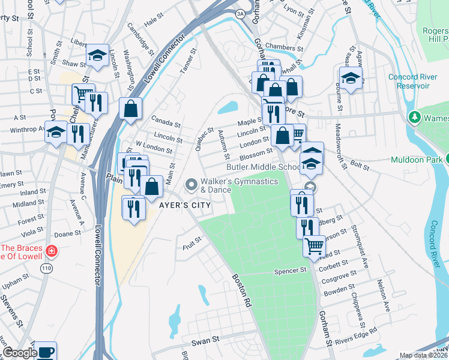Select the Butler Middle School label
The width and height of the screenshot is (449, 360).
click(x=264, y=167)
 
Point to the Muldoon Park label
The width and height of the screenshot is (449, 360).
click(x=415, y=160)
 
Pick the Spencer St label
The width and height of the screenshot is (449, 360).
click(x=291, y=271)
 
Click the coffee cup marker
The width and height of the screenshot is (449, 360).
click(x=46, y=351)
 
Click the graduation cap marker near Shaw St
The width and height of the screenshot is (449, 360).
click(x=97, y=55)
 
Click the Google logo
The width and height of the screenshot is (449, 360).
click(x=20, y=353)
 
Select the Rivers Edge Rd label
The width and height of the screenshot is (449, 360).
click(x=357, y=336)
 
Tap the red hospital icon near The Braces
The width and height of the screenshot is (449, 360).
click(x=52, y=251)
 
